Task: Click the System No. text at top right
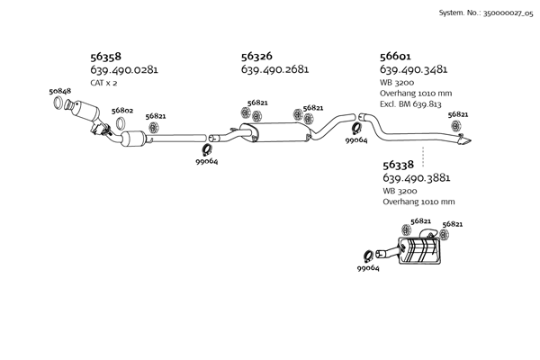[486, 13]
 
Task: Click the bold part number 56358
[105, 56]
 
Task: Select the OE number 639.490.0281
[124, 69]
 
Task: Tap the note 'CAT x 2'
[103, 83]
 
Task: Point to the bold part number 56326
[256, 56]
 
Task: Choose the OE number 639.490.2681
[274, 69]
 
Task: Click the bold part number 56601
[395, 56]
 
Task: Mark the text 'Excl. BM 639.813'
[410, 103]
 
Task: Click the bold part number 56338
[398, 165]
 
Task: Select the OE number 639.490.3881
[417, 178]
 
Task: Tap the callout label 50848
[60, 91]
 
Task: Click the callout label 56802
[122, 111]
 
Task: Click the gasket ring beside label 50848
[58, 103]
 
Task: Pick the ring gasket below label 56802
[121, 123]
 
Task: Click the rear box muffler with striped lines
[419, 251]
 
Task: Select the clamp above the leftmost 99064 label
[207, 150]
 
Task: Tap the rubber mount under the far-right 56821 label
[456, 126]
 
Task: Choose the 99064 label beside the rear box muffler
[368, 268]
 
